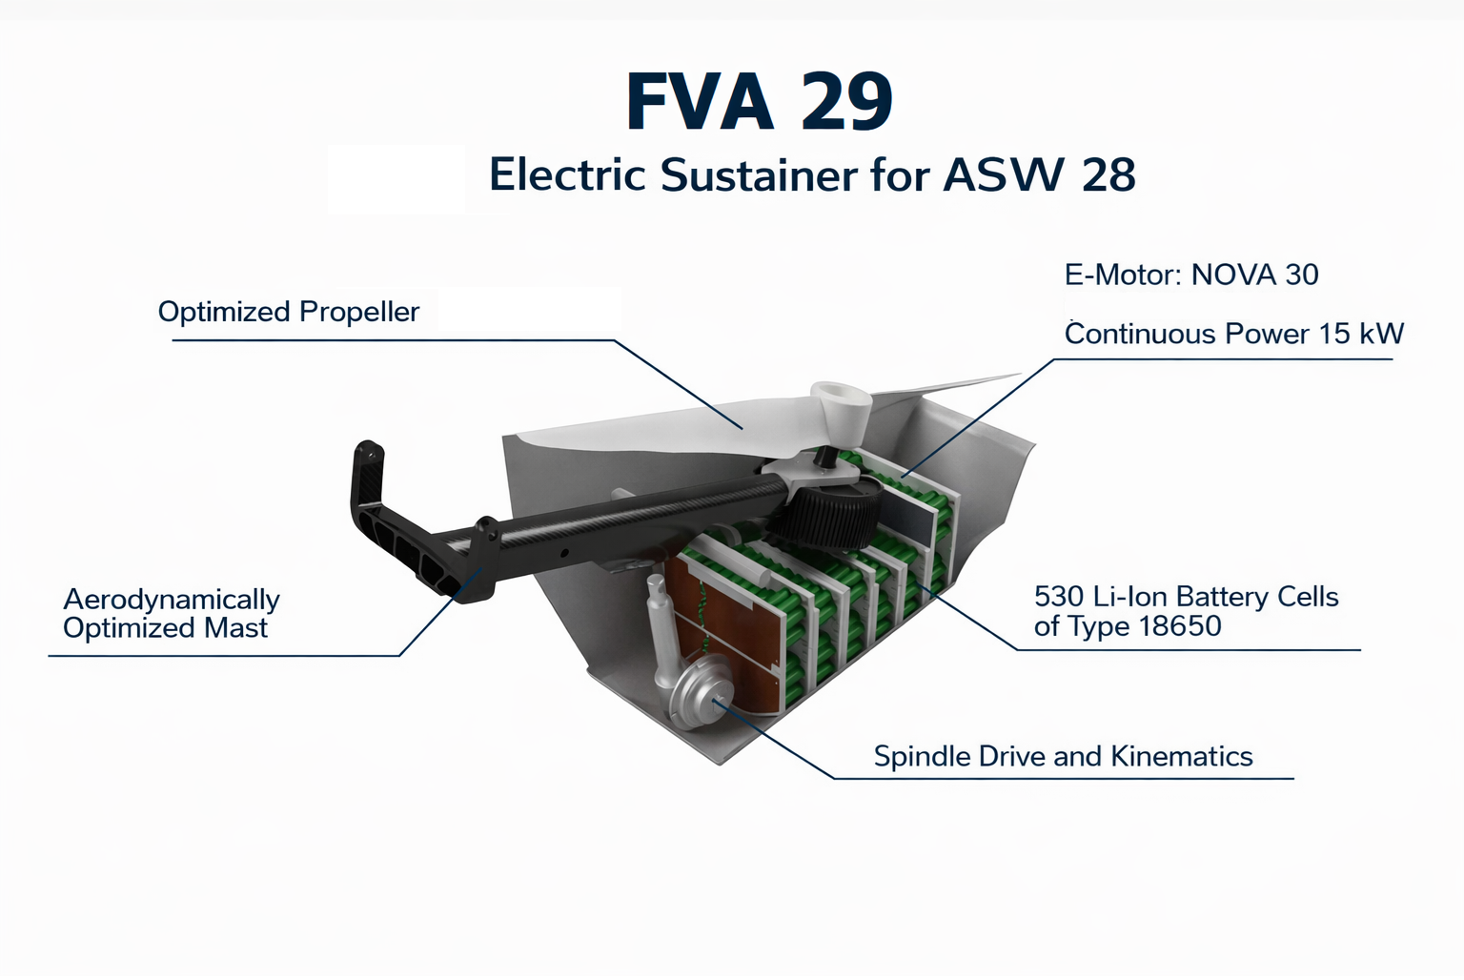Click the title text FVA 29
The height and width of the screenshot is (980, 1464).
coord(760,101)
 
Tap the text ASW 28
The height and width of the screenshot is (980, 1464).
coord(1039,175)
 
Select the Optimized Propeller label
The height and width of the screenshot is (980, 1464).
coord(288,312)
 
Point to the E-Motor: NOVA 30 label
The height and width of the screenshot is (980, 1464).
coord(1190,275)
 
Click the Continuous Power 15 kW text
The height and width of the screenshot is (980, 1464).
coord(1233,334)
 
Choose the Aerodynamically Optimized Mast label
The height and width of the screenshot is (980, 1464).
coord(171,614)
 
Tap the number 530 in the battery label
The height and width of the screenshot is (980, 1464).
coord(1058,597)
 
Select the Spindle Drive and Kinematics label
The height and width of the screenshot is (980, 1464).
coord(1063,757)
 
